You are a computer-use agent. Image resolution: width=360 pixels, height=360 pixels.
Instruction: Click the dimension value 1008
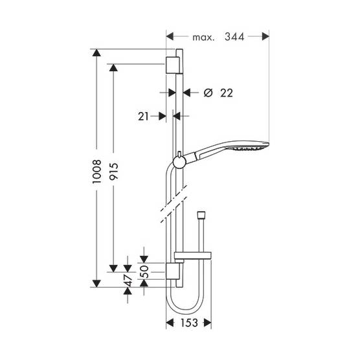coord(96,172)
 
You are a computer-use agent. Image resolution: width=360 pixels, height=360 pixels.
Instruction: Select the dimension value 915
coord(114,172)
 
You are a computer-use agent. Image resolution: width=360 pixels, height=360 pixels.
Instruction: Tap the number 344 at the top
coord(234,37)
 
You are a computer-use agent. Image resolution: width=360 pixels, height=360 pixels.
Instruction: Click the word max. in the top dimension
coord(203,38)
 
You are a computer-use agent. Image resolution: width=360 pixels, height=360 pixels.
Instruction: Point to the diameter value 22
coord(227,93)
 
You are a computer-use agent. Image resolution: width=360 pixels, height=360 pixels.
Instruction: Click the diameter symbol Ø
coord(208,93)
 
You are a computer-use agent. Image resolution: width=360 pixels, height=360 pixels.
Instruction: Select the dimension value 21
coord(144,117)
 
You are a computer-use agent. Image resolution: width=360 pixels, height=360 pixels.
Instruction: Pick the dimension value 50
coord(144,271)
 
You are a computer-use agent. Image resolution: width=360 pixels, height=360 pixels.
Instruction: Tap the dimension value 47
coord(128,280)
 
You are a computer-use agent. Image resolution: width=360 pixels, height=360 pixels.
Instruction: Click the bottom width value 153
coord(189,323)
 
